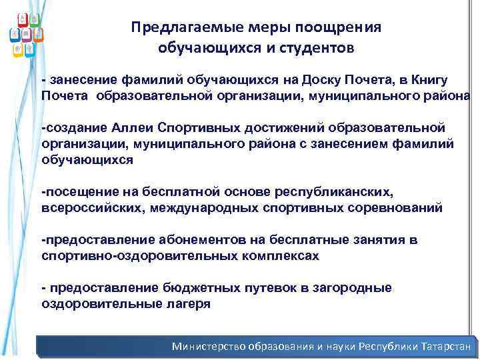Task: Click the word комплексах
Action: click(x=272, y=256)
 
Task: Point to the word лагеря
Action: click(x=188, y=304)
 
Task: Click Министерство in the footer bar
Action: click(x=209, y=347)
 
